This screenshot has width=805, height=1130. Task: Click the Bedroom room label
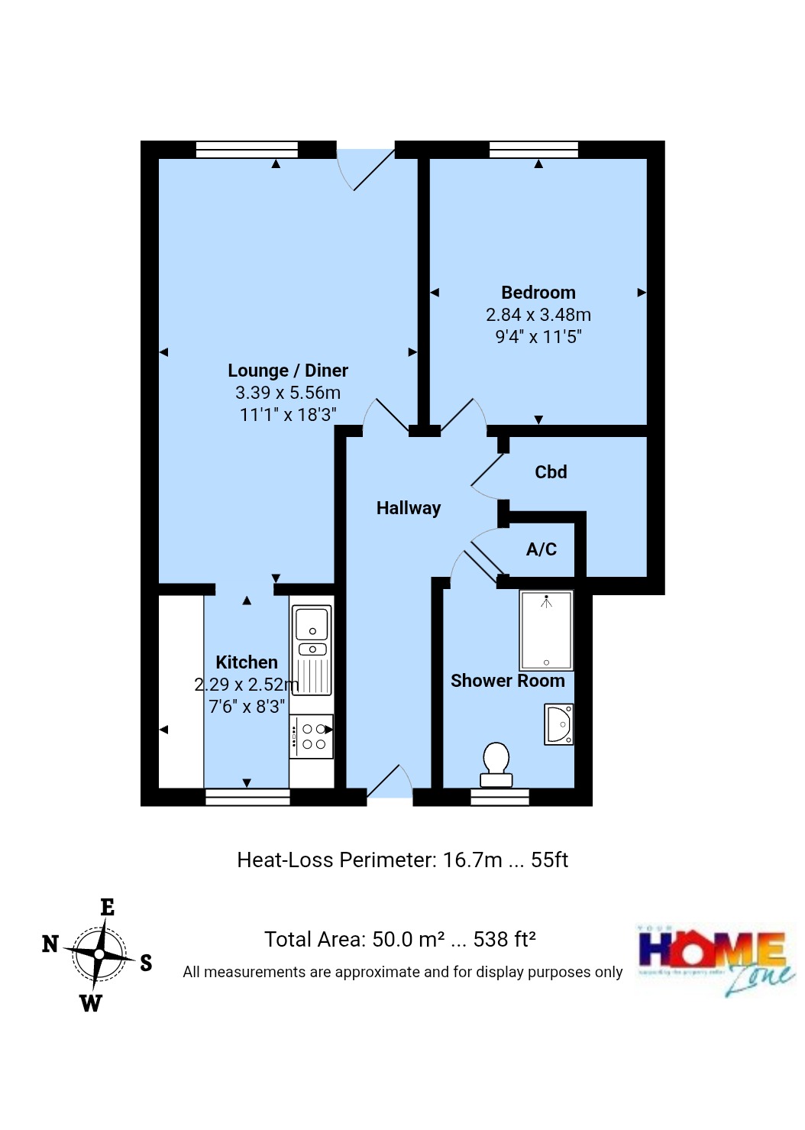[x=538, y=293]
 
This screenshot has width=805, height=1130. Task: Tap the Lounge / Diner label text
[x=288, y=371]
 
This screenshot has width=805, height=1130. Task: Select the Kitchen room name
[x=246, y=662]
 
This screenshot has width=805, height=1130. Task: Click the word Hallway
[x=408, y=508]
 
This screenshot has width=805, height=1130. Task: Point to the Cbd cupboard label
[x=551, y=472]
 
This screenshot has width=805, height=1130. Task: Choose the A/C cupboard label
[x=541, y=549]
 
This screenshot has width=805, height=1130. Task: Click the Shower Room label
[x=507, y=681]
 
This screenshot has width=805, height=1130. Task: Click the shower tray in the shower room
[x=546, y=631]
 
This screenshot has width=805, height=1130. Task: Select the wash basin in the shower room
[x=558, y=724]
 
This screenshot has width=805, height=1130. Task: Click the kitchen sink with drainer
[x=312, y=650]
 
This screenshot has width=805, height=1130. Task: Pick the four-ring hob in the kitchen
[x=312, y=737]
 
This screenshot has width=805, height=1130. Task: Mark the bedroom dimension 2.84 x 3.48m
[x=538, y=315]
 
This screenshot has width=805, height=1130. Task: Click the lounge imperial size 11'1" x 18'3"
[x=288, y=415]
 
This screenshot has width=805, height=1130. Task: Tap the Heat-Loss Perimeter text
[x=402, y=860]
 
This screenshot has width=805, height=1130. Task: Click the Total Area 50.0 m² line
[x=399, y=940]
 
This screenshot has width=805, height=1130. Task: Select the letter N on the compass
[x=50, y=944]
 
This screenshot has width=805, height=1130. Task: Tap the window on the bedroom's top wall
[x=534, y=149]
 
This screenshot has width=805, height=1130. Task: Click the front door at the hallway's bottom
[x=390, y=787]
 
